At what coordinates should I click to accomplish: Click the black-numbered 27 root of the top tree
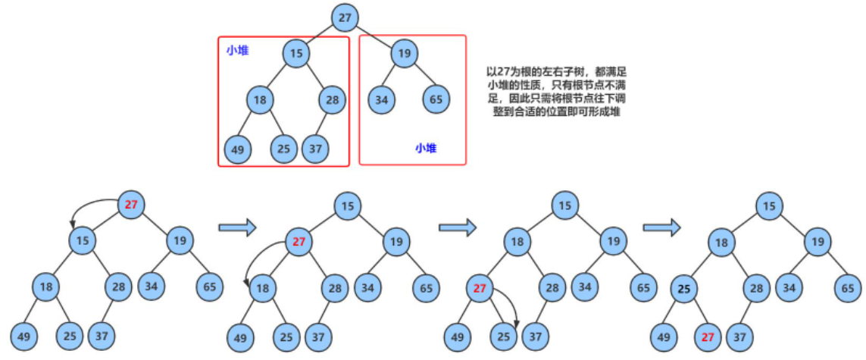[x=345, y=17]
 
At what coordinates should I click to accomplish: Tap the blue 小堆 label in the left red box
[x=237, y=51]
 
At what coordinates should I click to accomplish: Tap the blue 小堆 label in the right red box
[x=426, y=149]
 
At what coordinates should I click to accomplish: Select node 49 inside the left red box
[x=238, y=149]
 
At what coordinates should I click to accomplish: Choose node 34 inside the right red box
[x=382, y=99]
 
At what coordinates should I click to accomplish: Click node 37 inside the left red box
[x=315, y=149]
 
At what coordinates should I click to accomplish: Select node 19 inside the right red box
[x=405, y=53]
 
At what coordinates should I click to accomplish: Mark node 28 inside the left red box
[x=333, y=99]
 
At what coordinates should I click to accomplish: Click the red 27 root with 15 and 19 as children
[x=131, y=204]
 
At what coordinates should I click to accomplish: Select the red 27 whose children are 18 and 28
[x=299, y=243]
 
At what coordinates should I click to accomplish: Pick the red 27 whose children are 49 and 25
[x=480, y=288]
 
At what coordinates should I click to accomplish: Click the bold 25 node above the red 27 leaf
[x=685, y=288]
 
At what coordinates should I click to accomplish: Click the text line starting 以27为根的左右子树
[x=558, y=70]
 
